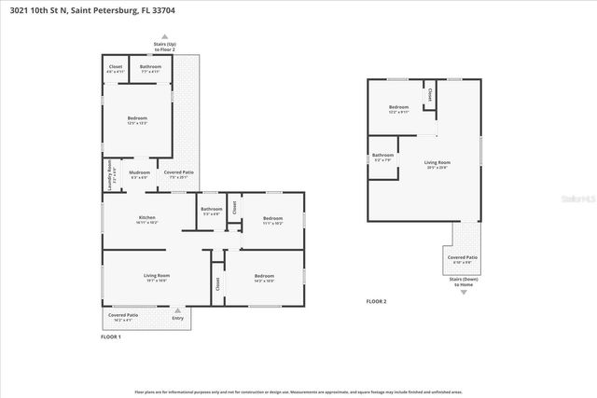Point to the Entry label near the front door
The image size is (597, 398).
click(x=178, y=319)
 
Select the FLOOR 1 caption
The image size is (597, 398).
click(x=111, y=336)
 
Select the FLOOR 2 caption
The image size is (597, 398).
click(x=376, y=302)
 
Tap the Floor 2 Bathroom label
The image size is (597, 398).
click(x=382, y=157)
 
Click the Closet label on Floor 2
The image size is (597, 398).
click(x=429, y=95)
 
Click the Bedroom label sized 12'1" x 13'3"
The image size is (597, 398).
click(x=138, y=120)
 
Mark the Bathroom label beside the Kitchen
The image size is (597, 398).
click(x=212, y=211)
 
